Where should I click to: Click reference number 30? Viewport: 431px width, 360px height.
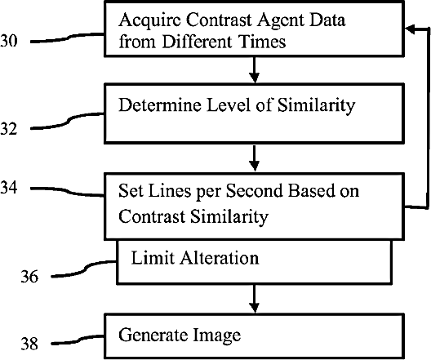click(x=8, y=41)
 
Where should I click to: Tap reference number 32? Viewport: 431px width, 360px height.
click(x=8, y=128)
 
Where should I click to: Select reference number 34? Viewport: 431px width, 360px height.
click(x=8, y=188)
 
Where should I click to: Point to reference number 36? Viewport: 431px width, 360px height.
click(x=29, y=276)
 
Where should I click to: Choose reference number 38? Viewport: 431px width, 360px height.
click(x=29, y=343)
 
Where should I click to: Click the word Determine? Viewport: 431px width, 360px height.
click(x=160, y=104)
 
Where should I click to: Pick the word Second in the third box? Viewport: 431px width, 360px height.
click(x=255, y=190)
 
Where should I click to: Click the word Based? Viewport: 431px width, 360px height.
click(x=311, y=190)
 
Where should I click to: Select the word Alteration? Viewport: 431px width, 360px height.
click(x=219, y=258)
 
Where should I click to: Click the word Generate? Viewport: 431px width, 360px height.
click(x=153, y=335)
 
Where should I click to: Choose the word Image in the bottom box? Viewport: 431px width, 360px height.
click(x=216, y=336)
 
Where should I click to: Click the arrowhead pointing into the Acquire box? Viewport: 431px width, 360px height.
click(x=410, y=29)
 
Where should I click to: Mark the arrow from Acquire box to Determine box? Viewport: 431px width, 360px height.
click(x=255, y=69)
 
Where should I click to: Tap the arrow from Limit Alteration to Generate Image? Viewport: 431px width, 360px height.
click(x=255, y=299)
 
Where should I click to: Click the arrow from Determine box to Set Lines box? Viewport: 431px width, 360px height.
click(x=255, y=158)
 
